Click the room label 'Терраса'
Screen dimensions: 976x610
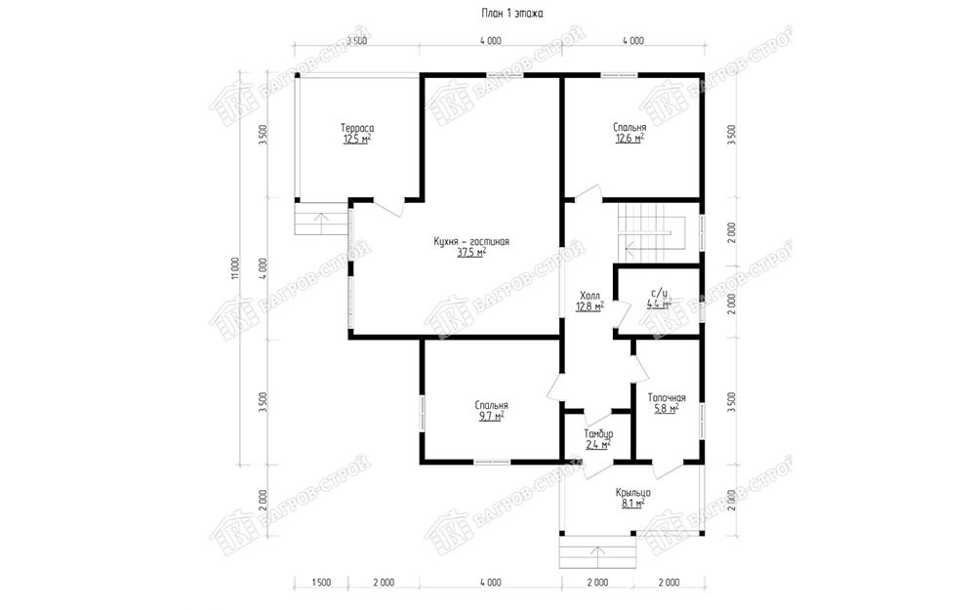pyautogui.click(x=357, y=128)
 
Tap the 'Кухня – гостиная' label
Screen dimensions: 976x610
pyautogui.click(x=471, y=241)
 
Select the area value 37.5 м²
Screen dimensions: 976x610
pyautogui.click(x=471, y=253)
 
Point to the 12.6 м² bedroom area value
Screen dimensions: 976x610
pyautogui.click(x=630, y=139)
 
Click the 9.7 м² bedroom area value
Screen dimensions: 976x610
pyautogui.click(x=491, y=417)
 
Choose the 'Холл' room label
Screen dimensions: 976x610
pyautogui.click(x=590, y=295)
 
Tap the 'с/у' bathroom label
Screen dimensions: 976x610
pyautogui.click(x=659, y=293)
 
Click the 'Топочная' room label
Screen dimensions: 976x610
pyautogui.click(x=667, y=398)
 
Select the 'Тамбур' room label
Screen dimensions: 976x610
pyautogui.click(x=598, y=434)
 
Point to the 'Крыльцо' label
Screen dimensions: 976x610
pyautogui.click(x=633, y=493)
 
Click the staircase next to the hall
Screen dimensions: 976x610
pyautogui.click(x=652, y=232)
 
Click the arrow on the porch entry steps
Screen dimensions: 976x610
pyautogui.click(x=598, y=556)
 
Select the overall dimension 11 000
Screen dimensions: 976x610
pyautogui.click(x=234, y=268)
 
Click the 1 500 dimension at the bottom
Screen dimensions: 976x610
pyautogui.click(x=320, y=584)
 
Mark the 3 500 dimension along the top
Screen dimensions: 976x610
pyautogui.click(x=356, y=41)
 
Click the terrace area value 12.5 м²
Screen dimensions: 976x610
pyautogui.click(x=357, y=140)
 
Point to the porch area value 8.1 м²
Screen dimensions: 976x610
pyautogui.click(x=633, y=505)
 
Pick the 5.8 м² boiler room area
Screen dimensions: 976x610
pyautogui.click(x=667, y=409)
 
